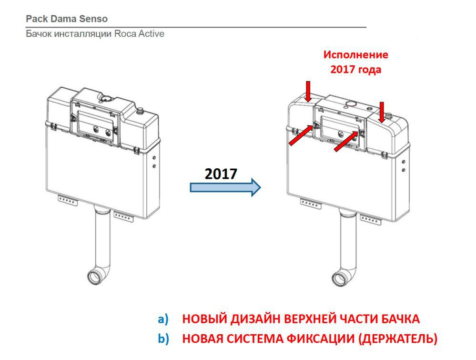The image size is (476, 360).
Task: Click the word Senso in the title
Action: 93,19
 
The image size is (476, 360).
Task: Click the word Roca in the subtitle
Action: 125,33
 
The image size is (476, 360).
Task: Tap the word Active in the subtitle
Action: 151,33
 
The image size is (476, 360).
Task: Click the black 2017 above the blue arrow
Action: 221,174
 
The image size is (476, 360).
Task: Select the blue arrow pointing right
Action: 225,187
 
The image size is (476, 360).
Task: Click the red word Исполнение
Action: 355,55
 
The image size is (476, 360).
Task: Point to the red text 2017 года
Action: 355,70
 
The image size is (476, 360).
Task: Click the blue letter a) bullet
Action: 163,319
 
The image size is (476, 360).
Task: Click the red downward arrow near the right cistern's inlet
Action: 382,112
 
